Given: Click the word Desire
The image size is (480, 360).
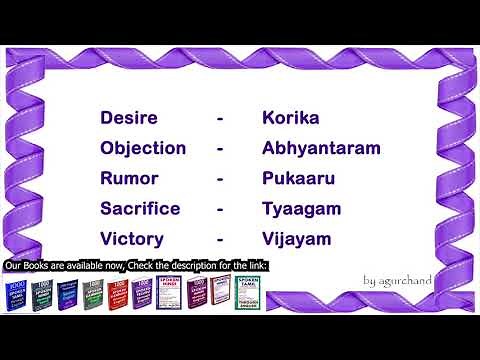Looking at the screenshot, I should click(129, 118).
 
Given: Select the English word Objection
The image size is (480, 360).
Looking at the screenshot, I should click(143, 148).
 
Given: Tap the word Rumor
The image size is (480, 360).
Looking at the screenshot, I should click(128, 179).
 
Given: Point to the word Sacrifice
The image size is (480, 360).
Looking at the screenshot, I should click(140, 209).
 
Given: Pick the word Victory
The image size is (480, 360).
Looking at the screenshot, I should click(132, 240).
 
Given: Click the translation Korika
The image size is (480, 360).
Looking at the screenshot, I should click(290, 118).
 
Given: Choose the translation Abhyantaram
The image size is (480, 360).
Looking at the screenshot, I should click(321, 148).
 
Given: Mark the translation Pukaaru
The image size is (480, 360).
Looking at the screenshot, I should click(298, 179).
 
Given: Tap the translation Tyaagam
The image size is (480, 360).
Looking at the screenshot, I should click(302, 209).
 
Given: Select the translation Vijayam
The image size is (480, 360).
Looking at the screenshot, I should click(296, 240).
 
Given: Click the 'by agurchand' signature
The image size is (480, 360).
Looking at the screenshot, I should click(398, 280).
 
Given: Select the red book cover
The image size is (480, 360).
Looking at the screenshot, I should click(119, 293).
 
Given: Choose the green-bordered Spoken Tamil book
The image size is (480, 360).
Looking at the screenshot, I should click(247, 293).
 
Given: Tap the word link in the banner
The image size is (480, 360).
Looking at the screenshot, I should click(258, 266).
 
